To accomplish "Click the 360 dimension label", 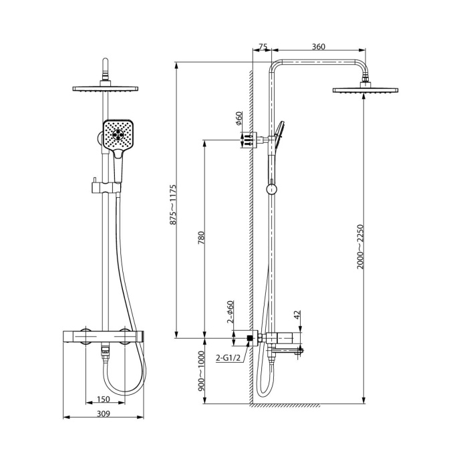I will (x=318, y=47).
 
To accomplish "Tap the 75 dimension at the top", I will (x=263, y=47).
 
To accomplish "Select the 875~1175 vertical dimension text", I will (x=173, y=203).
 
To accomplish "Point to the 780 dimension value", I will (x=200, y=239).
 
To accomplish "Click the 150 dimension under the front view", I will (x=103, y=399).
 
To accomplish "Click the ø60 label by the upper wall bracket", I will (x=238, y=119).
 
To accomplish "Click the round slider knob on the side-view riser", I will (x=271, y=189).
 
